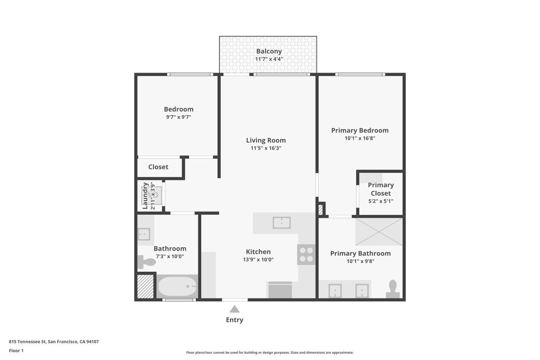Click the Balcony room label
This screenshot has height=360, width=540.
[269, 51]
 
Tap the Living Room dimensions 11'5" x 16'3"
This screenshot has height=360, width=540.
[266, 148]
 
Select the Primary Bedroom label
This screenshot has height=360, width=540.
[360, 130]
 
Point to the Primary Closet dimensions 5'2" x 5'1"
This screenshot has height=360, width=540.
[381, 201]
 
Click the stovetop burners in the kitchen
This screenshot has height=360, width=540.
[306, 254]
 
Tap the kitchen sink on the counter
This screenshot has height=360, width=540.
[281, 222]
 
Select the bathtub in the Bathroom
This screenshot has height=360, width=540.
[177, 286]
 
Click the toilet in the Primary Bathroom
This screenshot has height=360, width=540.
[393, 289]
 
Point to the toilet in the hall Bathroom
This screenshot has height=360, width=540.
[146, 262]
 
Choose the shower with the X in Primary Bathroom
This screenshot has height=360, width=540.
[379, 232]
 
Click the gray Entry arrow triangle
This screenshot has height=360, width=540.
[234, 309]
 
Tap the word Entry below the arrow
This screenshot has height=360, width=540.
[234, 320]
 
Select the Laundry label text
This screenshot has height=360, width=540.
[145, 196]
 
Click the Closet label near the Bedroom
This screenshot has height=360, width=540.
[158, 167]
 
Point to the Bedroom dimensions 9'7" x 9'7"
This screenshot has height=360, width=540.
[178, 117]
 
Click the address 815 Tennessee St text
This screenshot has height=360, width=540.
[27, 341]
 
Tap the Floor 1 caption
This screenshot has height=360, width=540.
[16, 351]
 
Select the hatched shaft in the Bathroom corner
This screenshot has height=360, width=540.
[146, 286]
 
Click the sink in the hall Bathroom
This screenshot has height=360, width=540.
[144, 234]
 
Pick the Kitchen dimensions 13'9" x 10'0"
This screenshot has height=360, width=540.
[258, 260]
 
